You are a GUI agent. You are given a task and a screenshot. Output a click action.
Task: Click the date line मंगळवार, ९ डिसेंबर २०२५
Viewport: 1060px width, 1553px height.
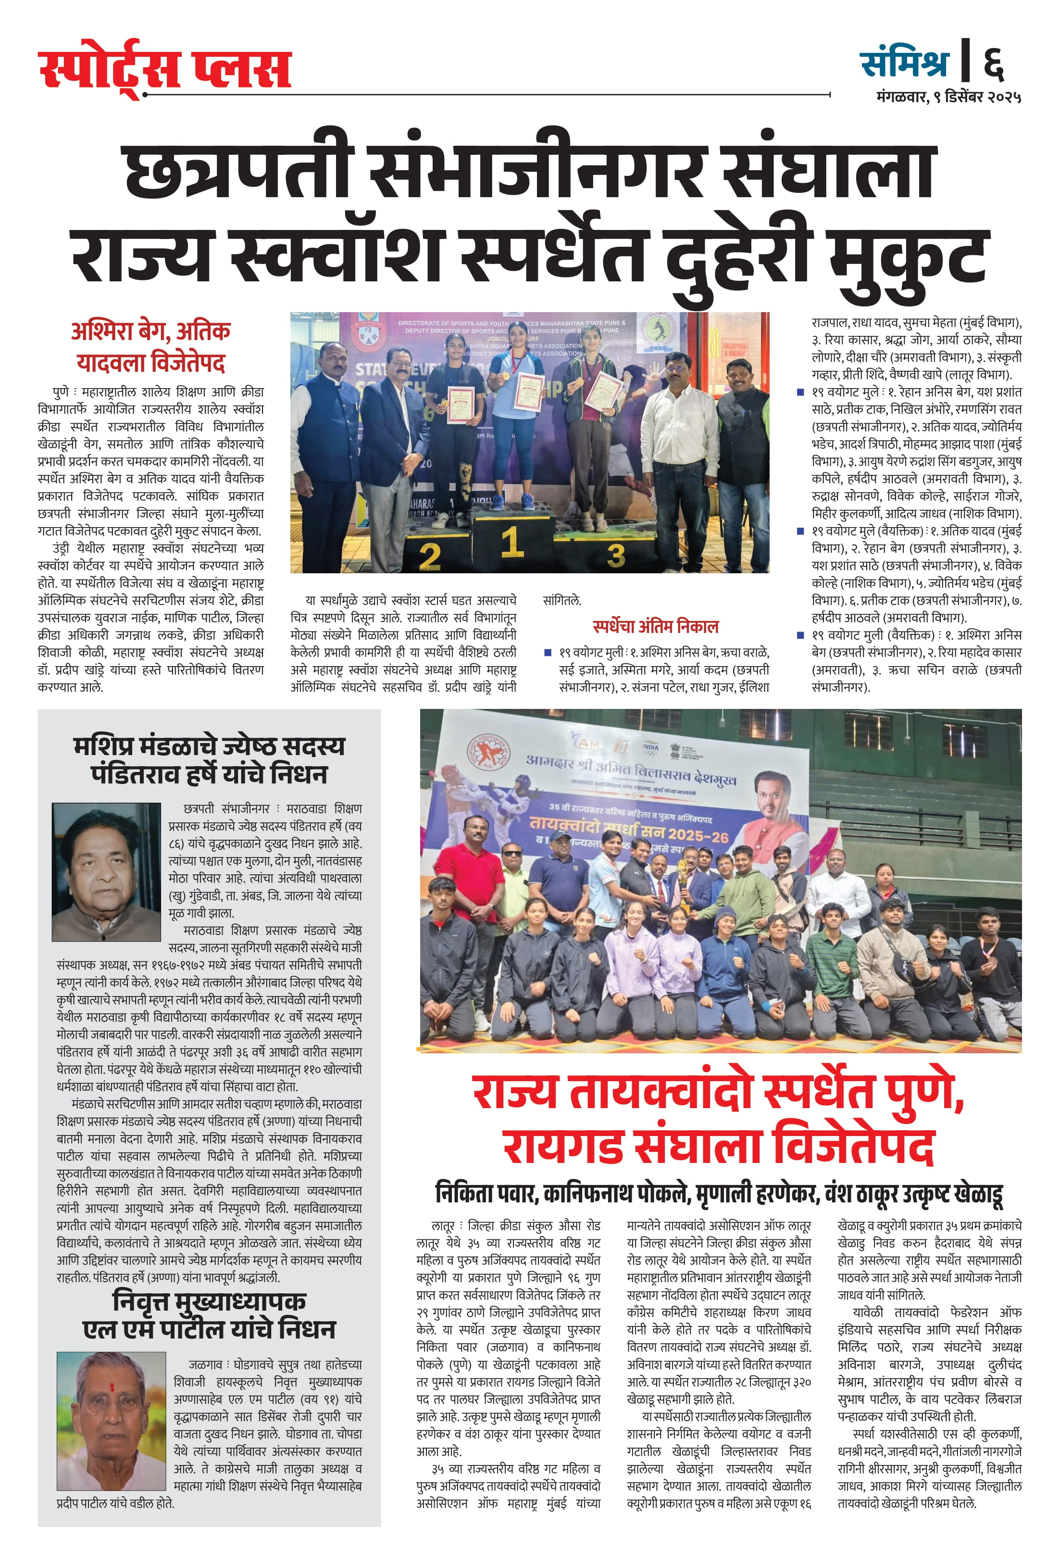click(x=948, y=98)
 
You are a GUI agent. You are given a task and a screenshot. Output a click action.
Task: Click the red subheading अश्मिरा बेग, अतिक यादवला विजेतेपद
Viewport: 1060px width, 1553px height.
click(x=151, y=347)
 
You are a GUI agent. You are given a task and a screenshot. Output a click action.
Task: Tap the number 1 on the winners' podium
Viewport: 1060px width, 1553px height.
click(x=511, y=541)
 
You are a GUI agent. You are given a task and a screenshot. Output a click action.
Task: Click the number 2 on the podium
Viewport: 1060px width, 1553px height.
click(x=429, y=556)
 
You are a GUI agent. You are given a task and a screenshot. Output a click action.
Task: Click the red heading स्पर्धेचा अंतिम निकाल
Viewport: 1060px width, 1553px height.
click(x=655, y=626)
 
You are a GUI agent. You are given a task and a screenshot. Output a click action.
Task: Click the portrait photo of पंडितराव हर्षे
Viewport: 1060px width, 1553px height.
click(x=106, y=871)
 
